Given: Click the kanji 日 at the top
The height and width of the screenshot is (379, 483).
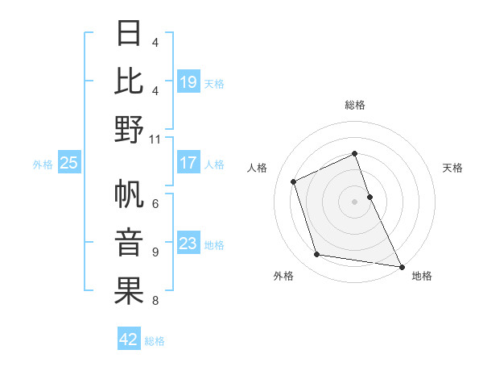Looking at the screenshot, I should click(x=130, y=34).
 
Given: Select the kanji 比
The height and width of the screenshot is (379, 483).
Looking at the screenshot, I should click(x=130, y=81).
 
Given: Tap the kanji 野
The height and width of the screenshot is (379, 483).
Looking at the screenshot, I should click(x=130, y=129).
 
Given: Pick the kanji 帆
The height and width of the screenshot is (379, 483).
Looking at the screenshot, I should click(x=130, y=195).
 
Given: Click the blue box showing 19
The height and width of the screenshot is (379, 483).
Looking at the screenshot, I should click(x=188, y=81).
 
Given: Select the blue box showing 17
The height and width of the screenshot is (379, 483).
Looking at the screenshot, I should click(x=188, y=163).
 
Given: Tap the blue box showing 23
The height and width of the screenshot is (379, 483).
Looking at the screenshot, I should click(x=188, y=244).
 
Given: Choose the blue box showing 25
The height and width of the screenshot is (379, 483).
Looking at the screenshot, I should click(x=68, y=163).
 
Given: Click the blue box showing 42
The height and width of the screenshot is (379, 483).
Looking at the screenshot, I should click(x=129, y=339).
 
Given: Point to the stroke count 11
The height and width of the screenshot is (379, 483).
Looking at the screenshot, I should click(x=155, y=140).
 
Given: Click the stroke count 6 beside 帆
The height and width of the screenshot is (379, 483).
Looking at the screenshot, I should click(x=155, y=204).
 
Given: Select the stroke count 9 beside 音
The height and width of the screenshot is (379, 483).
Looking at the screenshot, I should click(x=155, y=252).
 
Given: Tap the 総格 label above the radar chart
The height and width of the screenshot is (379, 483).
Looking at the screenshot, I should click(x=355, y=105).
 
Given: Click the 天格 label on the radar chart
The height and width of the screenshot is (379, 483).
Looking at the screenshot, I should click(x=452, y=168).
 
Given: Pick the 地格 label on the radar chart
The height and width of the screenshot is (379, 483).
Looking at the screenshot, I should click(x=422, y=276).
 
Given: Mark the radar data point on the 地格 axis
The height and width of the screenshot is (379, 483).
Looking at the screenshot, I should click(x=400, y=266).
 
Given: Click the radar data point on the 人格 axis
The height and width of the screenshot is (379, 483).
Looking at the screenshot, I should click(x=294, y=181).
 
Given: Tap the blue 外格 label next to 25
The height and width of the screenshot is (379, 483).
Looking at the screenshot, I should click(x=43, y=164).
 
